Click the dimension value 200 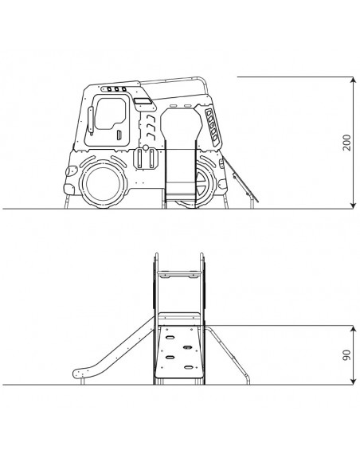coord(347,143)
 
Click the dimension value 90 coord(347,354)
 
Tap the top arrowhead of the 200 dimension coord(354,80)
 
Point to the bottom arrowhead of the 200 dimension coord(354,206)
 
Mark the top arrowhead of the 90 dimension coord(354,329)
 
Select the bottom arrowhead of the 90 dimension coord(354,382)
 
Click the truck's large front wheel coord(104,183)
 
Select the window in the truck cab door coord(111,114)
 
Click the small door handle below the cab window coord(119,135)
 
